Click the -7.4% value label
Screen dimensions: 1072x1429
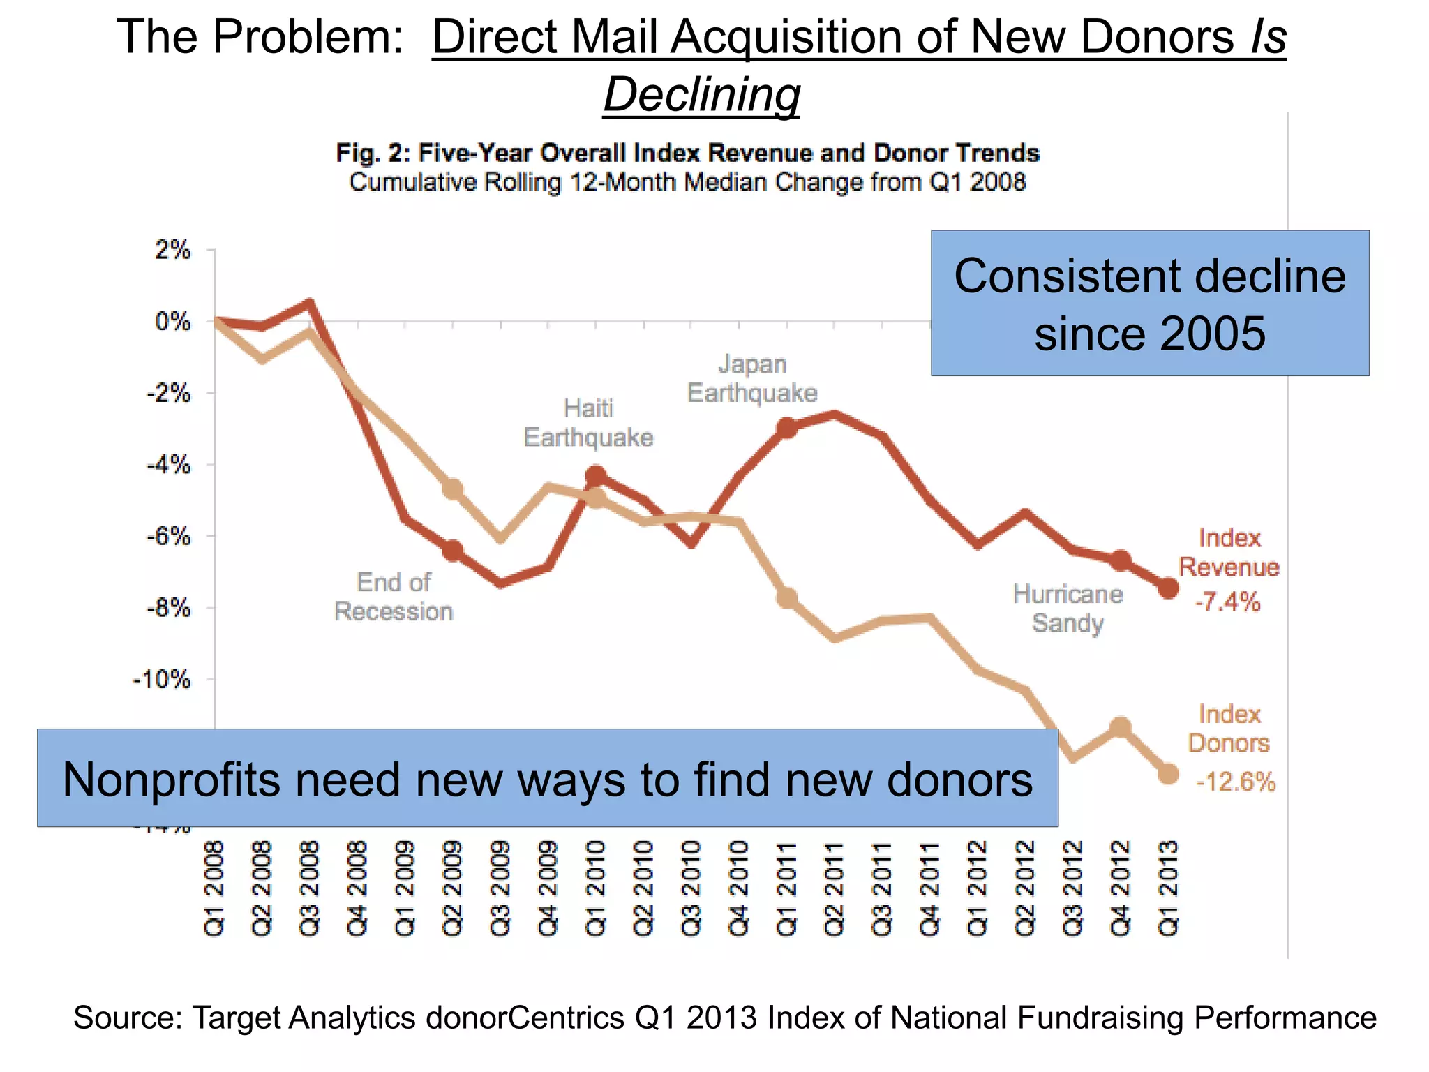tap(1227, 601)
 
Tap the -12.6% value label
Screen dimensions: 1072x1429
tap(1236, 781)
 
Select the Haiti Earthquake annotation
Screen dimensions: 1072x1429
tap(588, 422)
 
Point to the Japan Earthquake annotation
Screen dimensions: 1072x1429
tap(752, 378)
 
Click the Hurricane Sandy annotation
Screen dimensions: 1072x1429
tap(1068, 608)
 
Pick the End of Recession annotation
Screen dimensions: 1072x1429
tap(394, 596)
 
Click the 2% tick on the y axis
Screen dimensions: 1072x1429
tap(172, 249)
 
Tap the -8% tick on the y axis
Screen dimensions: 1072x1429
tap(168, 607)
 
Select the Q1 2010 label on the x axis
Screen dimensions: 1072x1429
tap(596, 888)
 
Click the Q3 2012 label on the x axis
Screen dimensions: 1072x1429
tap(1072, 888)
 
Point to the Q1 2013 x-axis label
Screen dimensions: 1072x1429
tap(1168, 888)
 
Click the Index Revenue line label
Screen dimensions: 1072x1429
tap(1229, 552)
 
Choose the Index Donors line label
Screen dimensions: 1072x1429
tap(1229, 728)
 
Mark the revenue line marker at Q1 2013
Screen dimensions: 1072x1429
tap(1168, 588)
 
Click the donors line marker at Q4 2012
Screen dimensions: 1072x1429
tap(1120, 727)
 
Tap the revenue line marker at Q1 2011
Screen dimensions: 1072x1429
tap(787, 428)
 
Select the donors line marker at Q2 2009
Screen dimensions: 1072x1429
tap(453, 489)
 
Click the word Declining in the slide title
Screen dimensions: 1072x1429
tap(701, 94)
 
